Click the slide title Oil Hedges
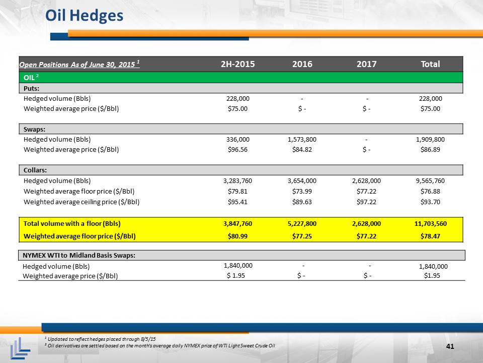84,16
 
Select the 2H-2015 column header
238,64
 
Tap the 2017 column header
366,64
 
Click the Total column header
430,64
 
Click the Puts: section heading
31,88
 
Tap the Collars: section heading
35,170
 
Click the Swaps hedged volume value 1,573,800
302,140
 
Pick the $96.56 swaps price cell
237,149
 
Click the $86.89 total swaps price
430,149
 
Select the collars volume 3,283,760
238,181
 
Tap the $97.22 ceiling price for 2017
366,202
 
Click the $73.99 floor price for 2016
302,192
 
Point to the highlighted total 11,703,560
430,224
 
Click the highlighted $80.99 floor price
237,236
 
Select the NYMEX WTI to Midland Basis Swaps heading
79,255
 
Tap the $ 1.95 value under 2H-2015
236,275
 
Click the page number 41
450,346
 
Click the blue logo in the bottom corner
20,348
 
